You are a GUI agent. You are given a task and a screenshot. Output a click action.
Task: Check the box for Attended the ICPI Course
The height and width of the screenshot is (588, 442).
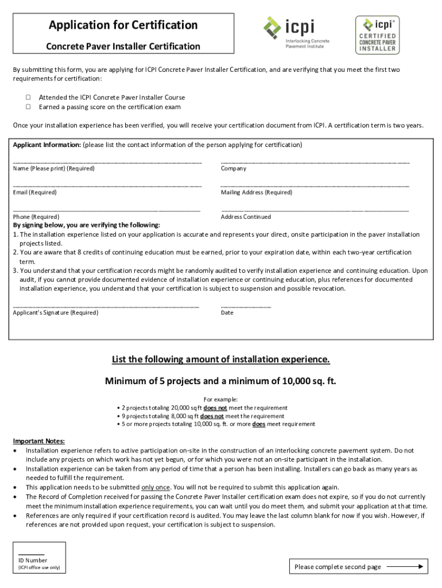click(28, 98)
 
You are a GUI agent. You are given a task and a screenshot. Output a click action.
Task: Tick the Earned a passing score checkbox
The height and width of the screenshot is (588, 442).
click(28, 107)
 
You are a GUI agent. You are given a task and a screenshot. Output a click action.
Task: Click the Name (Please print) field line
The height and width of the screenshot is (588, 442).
click(107, 162)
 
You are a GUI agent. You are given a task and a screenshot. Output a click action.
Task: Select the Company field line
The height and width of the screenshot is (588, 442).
click(315, 162)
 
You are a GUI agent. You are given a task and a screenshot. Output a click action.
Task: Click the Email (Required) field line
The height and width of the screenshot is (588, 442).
click(107, 186)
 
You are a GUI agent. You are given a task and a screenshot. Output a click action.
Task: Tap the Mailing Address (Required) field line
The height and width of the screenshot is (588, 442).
click(315, 186)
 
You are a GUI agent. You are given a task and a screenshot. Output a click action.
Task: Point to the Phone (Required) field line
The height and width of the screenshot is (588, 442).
click(107, 210)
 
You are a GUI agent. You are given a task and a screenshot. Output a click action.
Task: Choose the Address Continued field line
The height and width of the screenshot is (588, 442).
click(315, 210)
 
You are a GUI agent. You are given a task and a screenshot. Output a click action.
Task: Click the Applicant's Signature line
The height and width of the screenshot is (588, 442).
click(106, 307)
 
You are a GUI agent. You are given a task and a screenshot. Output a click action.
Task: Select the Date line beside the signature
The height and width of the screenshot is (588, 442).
click(246, 307)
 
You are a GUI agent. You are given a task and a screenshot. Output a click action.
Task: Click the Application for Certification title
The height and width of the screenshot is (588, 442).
click(123, 25)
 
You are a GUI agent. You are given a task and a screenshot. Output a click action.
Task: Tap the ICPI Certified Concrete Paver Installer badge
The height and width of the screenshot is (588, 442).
click(377, 34)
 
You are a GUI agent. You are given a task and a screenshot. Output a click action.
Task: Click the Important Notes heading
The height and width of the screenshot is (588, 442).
click(39, 441)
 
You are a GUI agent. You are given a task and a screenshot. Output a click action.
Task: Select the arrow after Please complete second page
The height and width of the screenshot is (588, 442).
click(405, 566)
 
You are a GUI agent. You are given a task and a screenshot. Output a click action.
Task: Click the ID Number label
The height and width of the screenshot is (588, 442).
click(33, 560)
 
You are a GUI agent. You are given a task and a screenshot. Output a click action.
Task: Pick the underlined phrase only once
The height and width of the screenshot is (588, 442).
click(156, 488)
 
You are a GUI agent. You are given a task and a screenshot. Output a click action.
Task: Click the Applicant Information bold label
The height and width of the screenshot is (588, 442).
click(47, 145)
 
